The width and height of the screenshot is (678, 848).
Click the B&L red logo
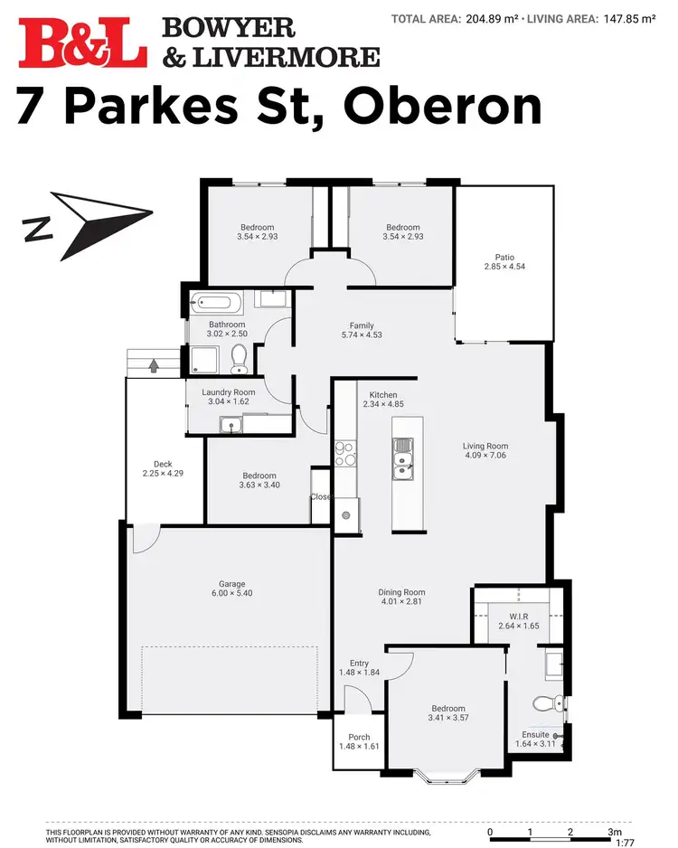82,42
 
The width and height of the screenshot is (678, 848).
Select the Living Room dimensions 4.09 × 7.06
485,457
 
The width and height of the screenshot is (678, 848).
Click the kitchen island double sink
403,457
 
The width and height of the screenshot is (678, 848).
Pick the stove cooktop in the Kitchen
344,452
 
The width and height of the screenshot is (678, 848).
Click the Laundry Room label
228,392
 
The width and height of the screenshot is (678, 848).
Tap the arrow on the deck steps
153,365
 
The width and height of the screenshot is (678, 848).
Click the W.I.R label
519,616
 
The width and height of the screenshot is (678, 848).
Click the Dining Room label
400,593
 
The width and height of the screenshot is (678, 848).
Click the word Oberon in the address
443,108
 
